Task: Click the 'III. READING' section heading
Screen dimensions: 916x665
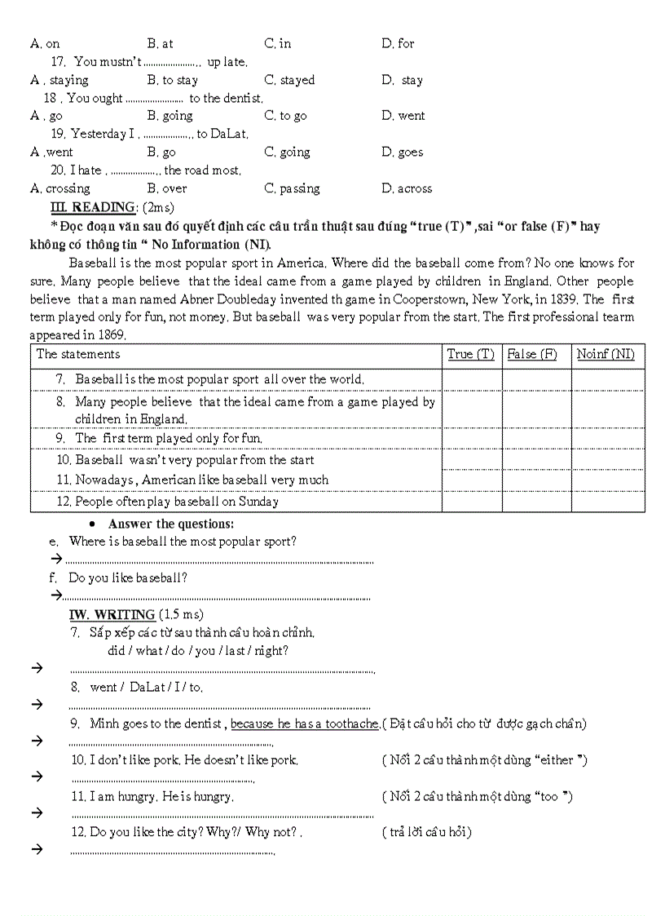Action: [x=92, y=207]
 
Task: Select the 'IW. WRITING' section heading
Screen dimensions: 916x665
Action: [x=112, y=614]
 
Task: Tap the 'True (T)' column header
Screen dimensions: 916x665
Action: [x=470, y=354]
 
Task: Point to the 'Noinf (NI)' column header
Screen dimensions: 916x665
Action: [x=606, y=354]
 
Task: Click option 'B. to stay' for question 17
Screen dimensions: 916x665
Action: [x=172, y=80]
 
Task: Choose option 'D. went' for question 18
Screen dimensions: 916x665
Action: [x=403, y=116]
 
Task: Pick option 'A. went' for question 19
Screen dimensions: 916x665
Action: [x=51, y=152]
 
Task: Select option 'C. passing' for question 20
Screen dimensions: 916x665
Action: [x=292, y=188]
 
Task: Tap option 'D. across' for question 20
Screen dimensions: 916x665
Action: [x=407, y=188]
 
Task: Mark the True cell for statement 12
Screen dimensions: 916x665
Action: [x=472, y=502]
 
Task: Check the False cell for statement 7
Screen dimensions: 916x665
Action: [x=536, y=379]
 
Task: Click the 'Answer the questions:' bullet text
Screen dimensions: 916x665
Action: [x=170, y=524]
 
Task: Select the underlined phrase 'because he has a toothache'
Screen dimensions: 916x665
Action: [x=305, y=724]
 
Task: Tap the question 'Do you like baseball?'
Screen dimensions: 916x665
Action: [x=128, y=577]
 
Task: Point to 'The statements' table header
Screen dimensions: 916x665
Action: [x=78, y=354]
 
